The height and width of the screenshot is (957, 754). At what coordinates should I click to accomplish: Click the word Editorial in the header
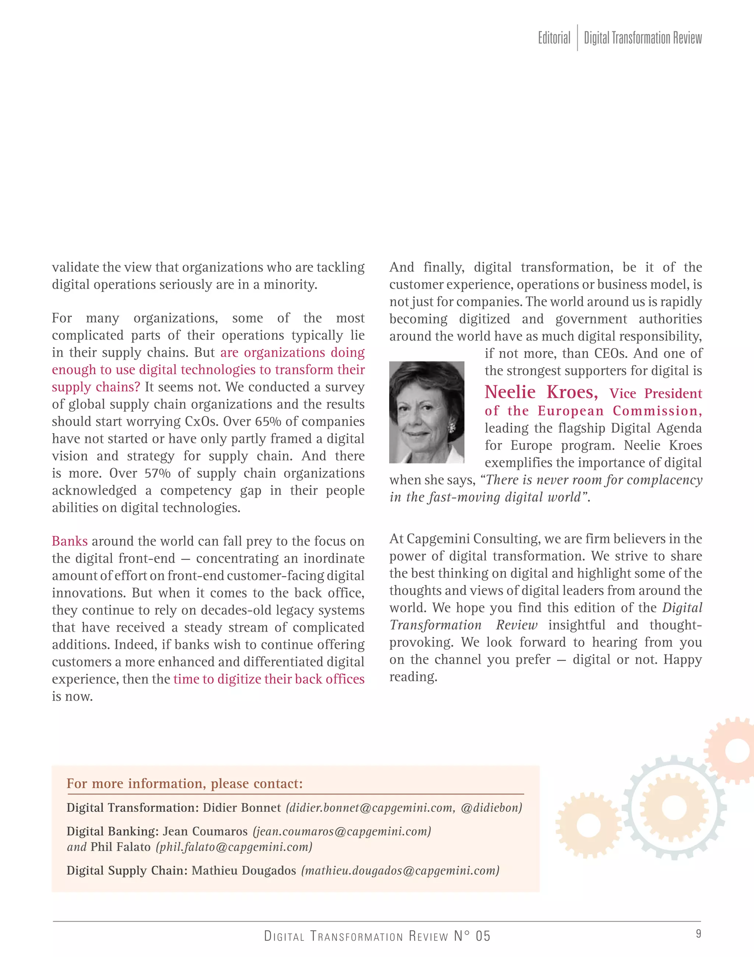click(x=554, y=38)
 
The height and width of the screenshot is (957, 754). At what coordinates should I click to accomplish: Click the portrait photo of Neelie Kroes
click(x=426, y=412)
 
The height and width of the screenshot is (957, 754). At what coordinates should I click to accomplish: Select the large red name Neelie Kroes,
click(x=541, y=392)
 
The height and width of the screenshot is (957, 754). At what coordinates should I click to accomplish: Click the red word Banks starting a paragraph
click(x=70, y=541)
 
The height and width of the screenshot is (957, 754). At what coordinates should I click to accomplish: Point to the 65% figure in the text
click(x=268, y=421)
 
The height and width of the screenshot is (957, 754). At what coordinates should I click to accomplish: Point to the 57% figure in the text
click(x=157, y=473)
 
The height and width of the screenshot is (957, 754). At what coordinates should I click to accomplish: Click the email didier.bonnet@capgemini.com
click(x=371, y=807)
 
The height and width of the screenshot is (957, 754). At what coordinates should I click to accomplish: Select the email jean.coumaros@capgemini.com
click(x=342, y=831)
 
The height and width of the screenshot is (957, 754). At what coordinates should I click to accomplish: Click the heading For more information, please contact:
click(x=184, y=783)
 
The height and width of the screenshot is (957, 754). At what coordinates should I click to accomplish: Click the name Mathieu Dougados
click(x=244, y=871)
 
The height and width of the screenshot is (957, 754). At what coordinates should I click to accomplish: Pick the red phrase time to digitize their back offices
click(x=269, y=679)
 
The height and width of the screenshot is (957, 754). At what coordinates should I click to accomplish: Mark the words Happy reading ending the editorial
click(x=683, y=660)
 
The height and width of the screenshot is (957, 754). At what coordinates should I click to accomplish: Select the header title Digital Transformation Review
click(x=642, y=38)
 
